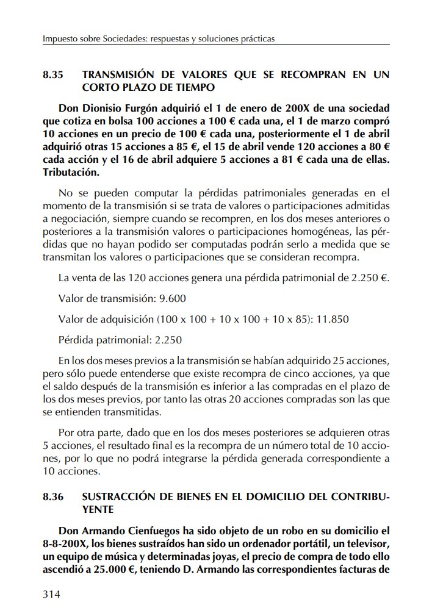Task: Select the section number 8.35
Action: coord(53,75)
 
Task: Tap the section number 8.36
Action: coord(53,497)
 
